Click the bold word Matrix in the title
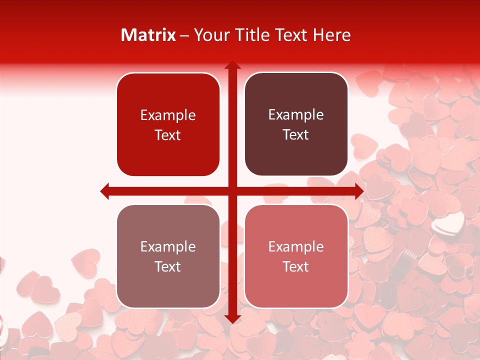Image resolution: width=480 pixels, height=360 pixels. click(x=148, y=35)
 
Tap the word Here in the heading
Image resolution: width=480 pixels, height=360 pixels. click(x=331, y=35)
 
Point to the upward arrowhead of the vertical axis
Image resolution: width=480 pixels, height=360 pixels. click(x=232, y=65)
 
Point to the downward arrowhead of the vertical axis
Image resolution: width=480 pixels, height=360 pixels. click(x=232, y=319)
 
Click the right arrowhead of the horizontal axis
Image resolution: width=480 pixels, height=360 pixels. click(x=359, y=191)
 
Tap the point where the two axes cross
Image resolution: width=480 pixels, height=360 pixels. click(x=232, y=191)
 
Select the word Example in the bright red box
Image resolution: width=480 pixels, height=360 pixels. click(x=168, y=115)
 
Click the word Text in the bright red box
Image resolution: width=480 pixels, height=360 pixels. click(x=168, y=135)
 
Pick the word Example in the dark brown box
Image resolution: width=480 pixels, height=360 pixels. click(x=296, y=115)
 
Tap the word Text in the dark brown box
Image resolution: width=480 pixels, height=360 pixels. click(x=296, y=134)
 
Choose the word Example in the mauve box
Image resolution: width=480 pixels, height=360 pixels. click(x=168, y=247)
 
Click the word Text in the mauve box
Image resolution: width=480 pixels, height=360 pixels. click(x=168, y=266)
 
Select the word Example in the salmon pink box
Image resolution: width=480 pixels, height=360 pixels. click(x=296, y=247)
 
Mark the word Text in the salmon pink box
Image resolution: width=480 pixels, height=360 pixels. click(x=296, y=266)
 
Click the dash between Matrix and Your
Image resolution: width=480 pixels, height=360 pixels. click(x=185, y=35)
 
